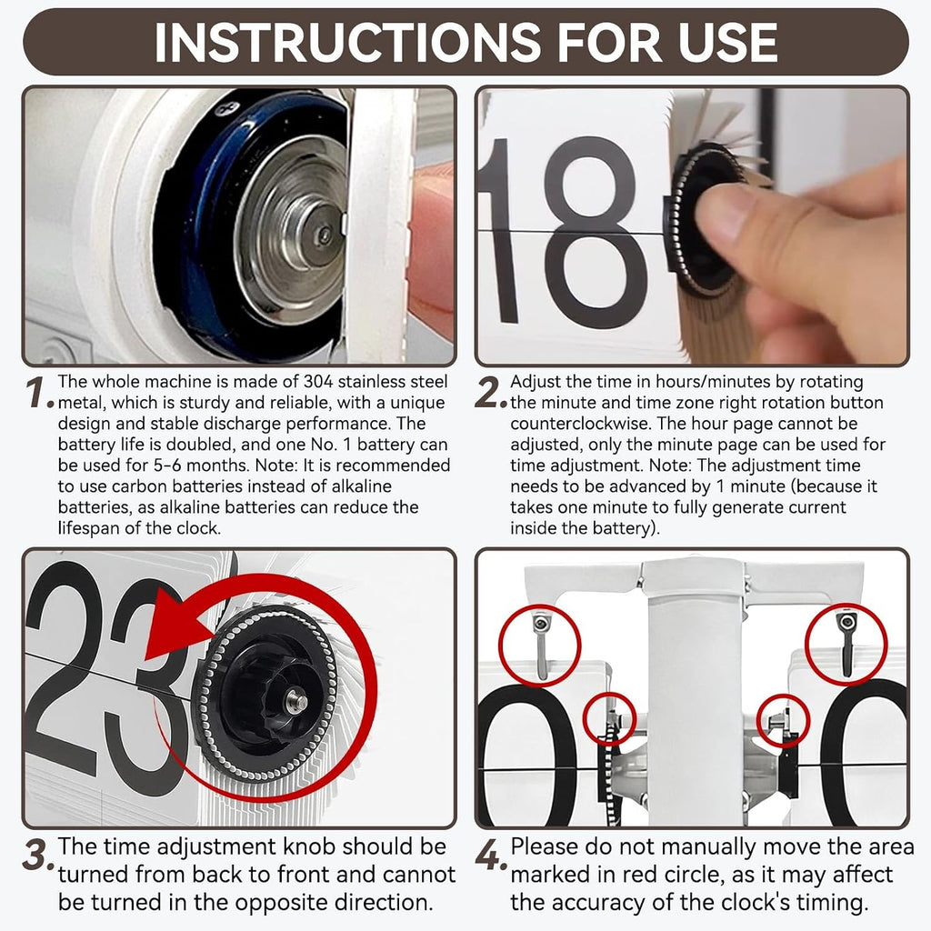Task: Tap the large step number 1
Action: [39, 393]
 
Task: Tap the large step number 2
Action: [491, 393]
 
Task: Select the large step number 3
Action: [39, 855]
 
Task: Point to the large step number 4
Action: [491, 855]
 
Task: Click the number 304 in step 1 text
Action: [318, 381]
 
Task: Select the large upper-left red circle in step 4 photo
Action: [539, 646]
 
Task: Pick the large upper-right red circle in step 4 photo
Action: [846, 644]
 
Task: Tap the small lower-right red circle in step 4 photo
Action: [785, 720]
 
